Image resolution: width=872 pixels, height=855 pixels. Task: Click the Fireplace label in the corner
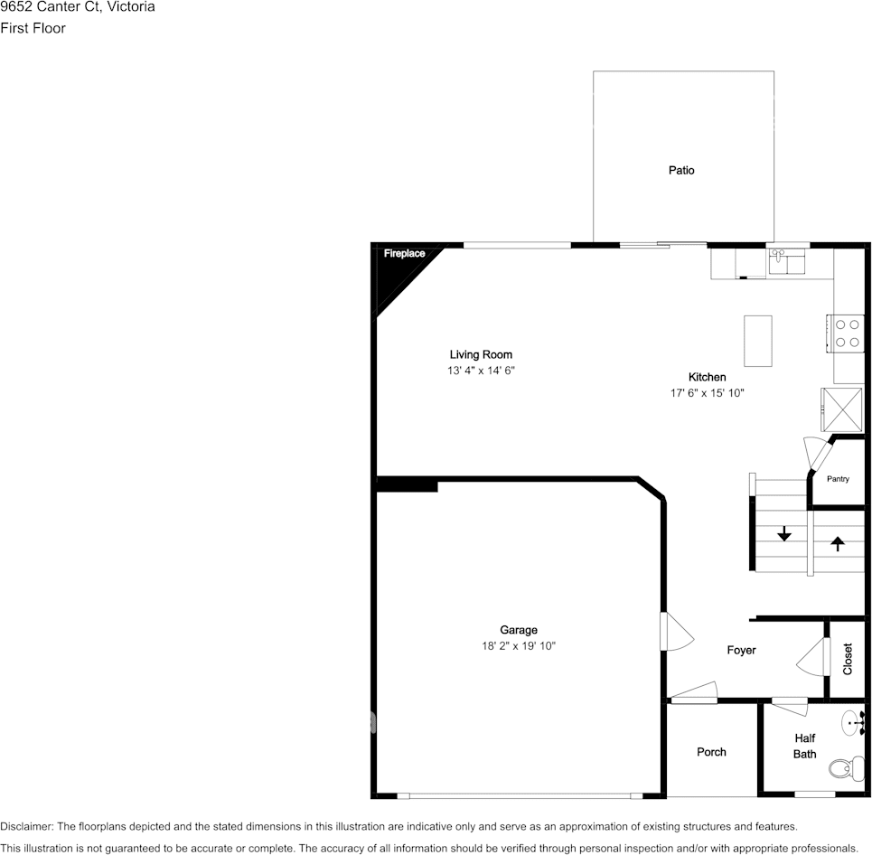(404, 254)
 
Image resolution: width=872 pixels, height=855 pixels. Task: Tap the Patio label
(681, 170)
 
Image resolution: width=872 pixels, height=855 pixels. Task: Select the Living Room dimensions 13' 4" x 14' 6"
(481, 371)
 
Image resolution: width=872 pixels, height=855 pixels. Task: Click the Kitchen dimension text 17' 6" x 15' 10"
(707, 393)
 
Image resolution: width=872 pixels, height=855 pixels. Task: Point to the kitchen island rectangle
(758, 340)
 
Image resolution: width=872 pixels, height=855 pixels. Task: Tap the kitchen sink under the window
(788, 262)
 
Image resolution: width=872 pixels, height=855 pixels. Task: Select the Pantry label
(838, 479)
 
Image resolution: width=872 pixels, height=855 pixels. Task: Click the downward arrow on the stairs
(784, 534)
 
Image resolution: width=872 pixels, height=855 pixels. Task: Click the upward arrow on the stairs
(838, 543)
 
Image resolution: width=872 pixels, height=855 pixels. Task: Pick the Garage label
(519, 630)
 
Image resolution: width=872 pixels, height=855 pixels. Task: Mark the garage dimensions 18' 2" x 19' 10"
(519, 646)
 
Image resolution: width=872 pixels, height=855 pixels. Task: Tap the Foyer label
(741, 651)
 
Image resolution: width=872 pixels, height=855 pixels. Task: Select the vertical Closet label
(848, 659)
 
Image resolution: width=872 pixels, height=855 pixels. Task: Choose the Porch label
(711, 752)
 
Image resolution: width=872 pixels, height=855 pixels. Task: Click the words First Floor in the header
(33, 28)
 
